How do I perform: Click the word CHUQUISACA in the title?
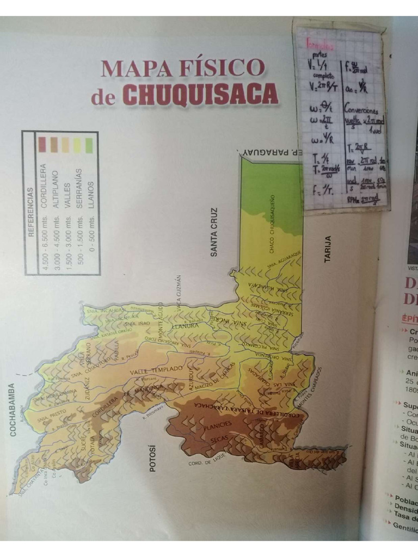click(200, 95)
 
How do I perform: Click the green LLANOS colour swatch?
click(89, 145)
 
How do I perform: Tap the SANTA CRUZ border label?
click(214, 232)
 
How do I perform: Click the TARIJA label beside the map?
click(328, 250)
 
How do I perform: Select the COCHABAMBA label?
click(13, 410)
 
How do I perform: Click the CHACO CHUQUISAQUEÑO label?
click(272, 224)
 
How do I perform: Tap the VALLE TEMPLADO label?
click(156, 370)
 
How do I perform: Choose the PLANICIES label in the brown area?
click(218, 424)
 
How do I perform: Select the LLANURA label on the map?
click(187, 326)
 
